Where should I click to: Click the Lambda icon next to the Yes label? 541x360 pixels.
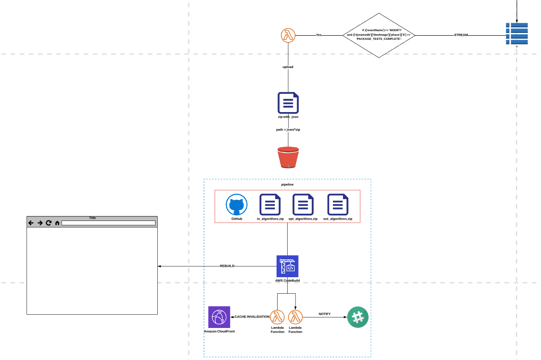[288, 35]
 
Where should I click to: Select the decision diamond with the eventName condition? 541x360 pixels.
[379, 35]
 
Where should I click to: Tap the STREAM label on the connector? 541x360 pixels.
[461, 35]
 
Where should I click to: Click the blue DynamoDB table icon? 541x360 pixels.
[517, 33]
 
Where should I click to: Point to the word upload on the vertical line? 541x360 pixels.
[288, 67]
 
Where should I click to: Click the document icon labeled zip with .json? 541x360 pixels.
[288, 103]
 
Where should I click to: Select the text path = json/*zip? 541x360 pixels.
[288, 130]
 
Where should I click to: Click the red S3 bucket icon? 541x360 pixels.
[288, 157]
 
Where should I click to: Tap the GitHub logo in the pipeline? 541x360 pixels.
[236, 204]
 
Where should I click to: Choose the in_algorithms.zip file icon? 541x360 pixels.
[270, 204]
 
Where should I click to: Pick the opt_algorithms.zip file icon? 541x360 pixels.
[303, 204]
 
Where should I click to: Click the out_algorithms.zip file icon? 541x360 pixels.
[338, 204]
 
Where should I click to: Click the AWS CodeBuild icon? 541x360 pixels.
[287, 266]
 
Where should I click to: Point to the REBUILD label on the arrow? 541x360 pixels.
[227, 266]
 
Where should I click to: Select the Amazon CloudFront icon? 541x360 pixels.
[219, 317]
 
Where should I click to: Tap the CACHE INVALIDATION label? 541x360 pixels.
[252, 317]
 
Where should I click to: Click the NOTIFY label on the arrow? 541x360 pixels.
[325, 314]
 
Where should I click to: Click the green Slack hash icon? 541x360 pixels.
[358, 317]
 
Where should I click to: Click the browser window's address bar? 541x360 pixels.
[108, 223]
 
